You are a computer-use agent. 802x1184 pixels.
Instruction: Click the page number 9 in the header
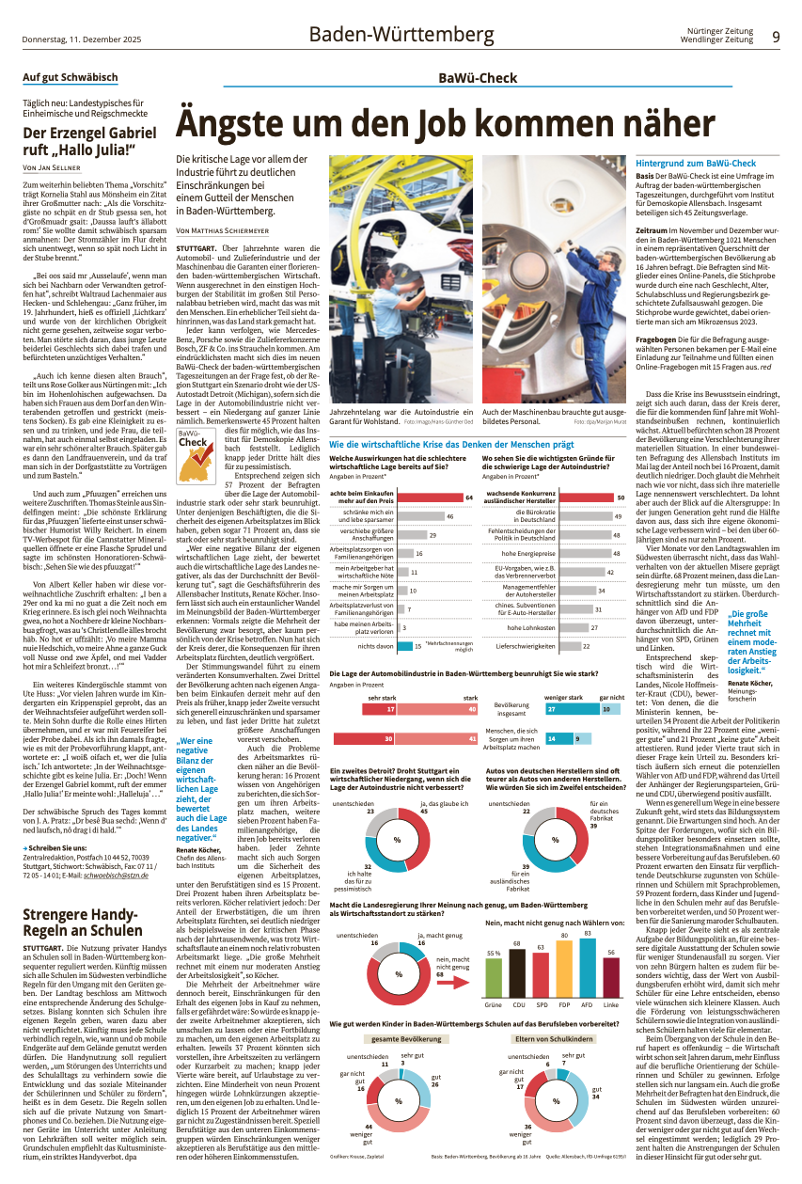(776, 37)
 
